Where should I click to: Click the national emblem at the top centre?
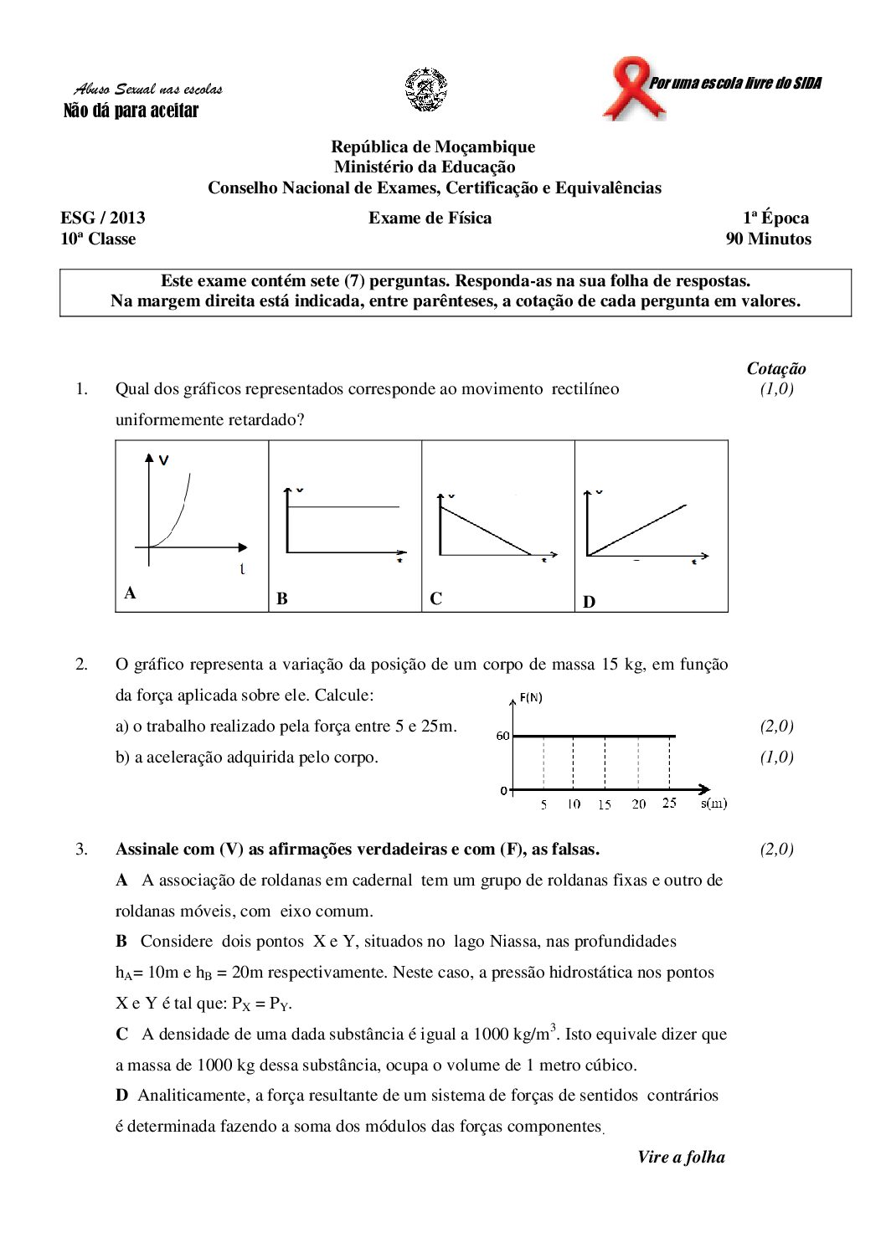tap(426, 90)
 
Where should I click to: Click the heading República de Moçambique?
tap(433, 146)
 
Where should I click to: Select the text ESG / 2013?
tap(103, 218)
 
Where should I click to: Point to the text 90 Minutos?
tap(768, 239)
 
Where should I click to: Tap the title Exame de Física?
tap(430, 218)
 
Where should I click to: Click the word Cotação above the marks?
tap(776, 368)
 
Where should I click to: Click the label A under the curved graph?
tap(130, 593)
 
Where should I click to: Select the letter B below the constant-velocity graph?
tap(282, 598)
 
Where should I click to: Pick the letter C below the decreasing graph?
tap(435, 598)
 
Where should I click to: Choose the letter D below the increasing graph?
tap(589, 602)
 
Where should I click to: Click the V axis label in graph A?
tap(164, 460)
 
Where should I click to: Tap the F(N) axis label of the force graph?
tap(531, 697)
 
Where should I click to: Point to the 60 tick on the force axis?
tap(502, 736)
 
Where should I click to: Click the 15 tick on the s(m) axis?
tap(604, 804)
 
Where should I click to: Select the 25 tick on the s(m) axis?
tap(669, 803)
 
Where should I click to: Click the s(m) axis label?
tap(713, 803)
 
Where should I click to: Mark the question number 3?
tap(81, 849)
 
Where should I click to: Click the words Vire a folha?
tap(681, 1157)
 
